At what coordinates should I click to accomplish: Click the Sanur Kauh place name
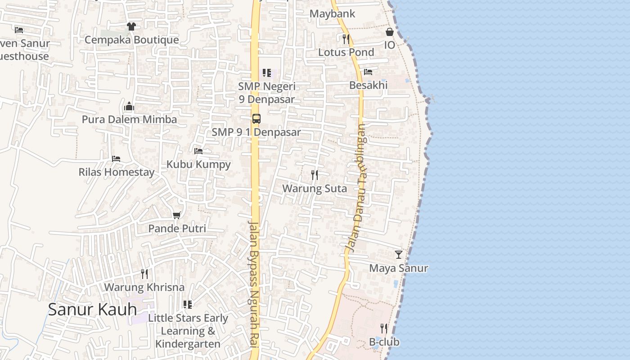(92, 310)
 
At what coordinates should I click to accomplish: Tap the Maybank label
(332, 14)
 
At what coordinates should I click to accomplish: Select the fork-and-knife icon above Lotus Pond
(346, 39)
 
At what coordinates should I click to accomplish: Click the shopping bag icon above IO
(389, 32)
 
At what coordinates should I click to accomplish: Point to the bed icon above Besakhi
(368, 72)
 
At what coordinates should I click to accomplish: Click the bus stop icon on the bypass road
(256, 119)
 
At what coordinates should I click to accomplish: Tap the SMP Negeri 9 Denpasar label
(266, 93)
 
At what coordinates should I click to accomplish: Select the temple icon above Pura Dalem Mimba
(129, 107)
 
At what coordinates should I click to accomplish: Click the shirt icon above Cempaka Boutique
(131, 27)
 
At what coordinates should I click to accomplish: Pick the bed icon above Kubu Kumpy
(198, 151)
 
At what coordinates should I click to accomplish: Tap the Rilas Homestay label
(116, 172)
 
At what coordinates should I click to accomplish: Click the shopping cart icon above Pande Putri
(177, 216)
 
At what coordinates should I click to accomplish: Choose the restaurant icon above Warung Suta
(315, 175)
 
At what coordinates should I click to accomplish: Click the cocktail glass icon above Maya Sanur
(399, 255)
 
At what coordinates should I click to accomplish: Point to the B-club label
(384, 342)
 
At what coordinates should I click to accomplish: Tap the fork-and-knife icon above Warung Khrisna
(144, 274)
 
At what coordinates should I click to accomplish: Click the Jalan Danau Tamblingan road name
(356, 188)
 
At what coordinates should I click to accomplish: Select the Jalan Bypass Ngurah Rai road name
(253, 283)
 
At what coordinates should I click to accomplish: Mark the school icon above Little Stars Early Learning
(188, 305)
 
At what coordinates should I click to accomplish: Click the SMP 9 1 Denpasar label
(256, 132)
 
